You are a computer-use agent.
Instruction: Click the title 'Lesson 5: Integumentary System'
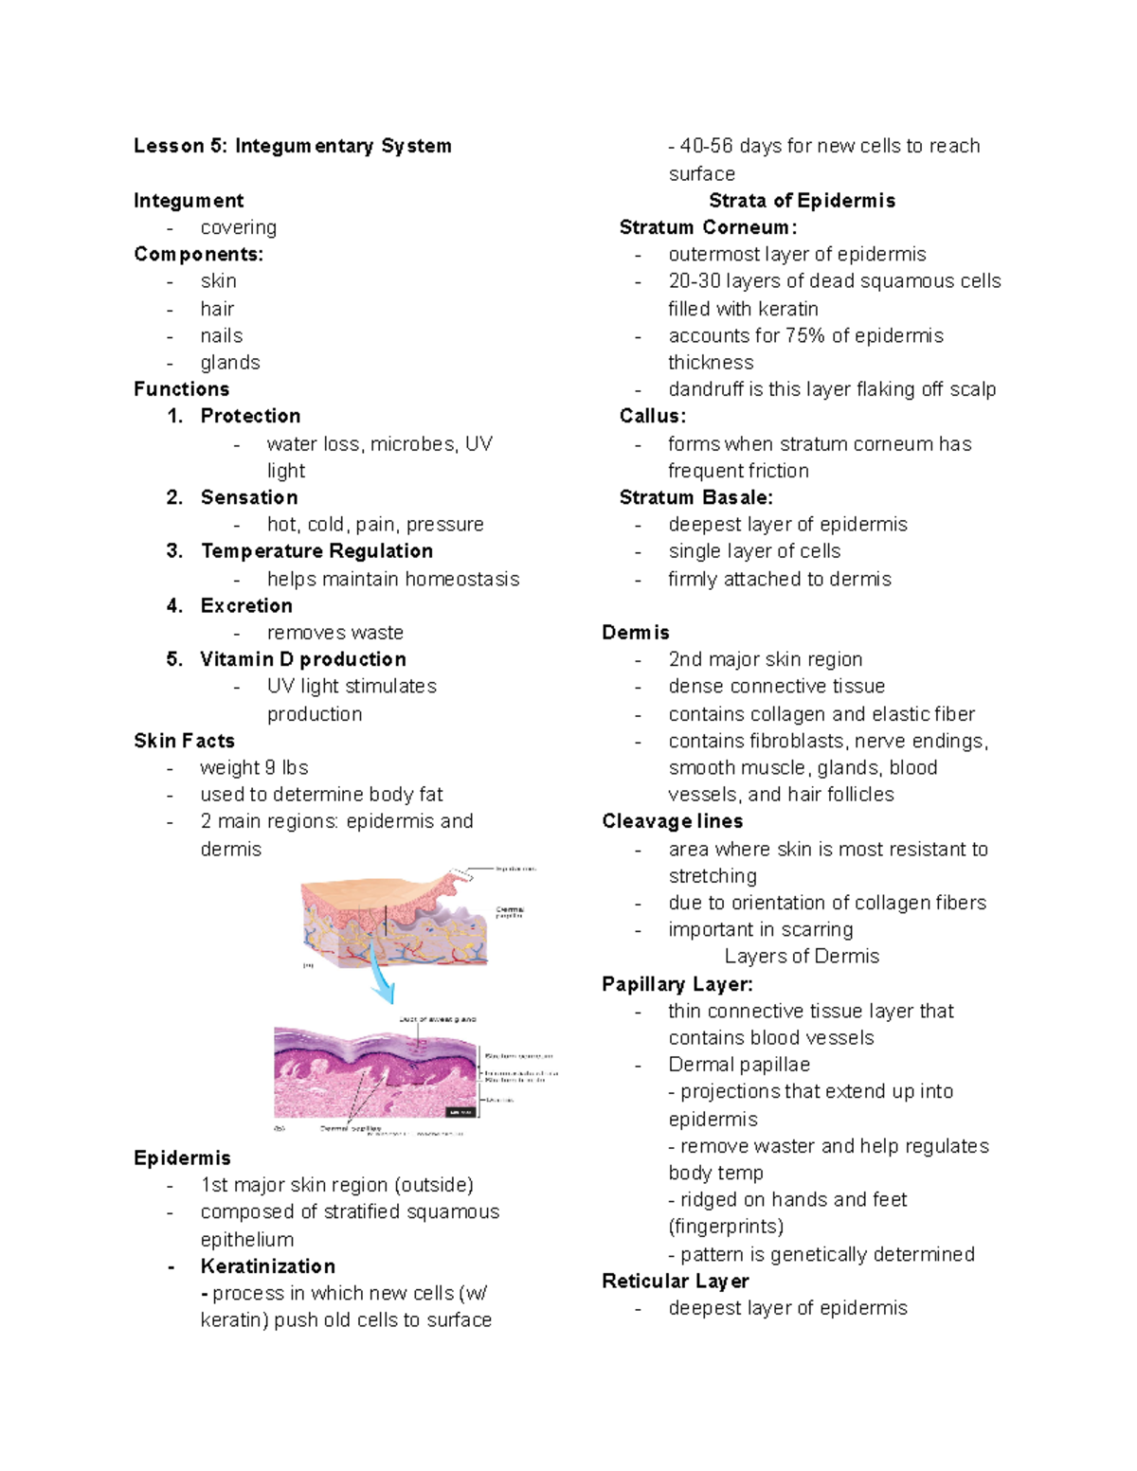point(292,146)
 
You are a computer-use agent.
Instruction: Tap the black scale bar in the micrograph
point(460,1112)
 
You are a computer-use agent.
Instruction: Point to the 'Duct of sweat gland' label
point(437,1019)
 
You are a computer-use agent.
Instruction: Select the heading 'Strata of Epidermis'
point(802,201)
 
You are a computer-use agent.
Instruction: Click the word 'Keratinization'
point(267,1266)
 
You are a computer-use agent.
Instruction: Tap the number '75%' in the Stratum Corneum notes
point(805,336)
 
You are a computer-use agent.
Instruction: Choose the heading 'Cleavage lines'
point(672,821)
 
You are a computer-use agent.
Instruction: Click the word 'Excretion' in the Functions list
point(246,606)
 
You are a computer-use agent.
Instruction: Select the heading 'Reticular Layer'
point(675,1282)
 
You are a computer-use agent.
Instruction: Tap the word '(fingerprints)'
point(726,1227)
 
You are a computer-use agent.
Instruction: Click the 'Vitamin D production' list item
point(302,659)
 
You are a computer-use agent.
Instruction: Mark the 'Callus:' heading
point(652,417)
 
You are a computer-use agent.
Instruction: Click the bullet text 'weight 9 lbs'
point(254,768)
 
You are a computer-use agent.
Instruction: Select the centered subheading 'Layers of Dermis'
point(802,957)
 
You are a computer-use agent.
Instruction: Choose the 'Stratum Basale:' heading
point(695,498)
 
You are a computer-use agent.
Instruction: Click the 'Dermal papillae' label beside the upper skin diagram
point(510,912)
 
